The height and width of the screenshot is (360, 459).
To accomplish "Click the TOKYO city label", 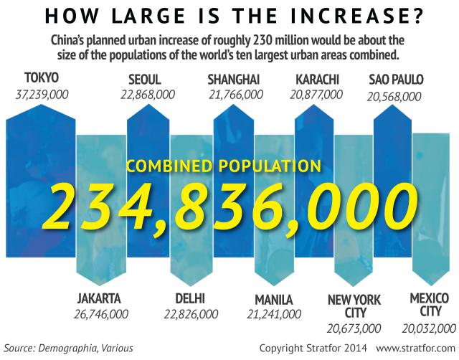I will coord(41,78).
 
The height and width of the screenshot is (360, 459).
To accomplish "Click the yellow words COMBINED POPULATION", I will coord(222,166).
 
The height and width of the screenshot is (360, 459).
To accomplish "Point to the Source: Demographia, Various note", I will coord(68,348).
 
